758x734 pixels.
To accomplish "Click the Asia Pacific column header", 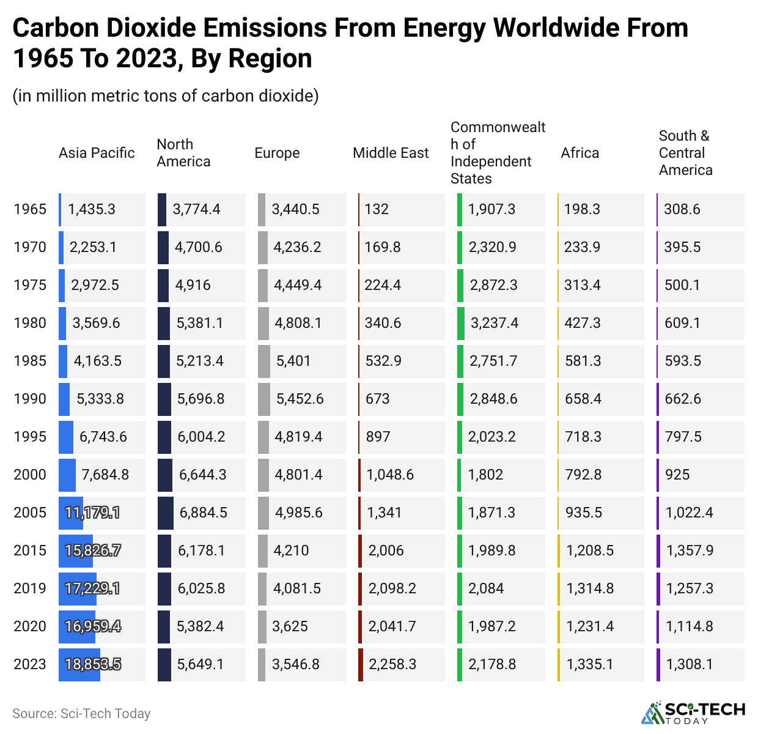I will (97, 153).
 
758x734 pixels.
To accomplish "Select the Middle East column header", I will (391, 153).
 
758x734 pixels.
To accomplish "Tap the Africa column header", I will (580, 153).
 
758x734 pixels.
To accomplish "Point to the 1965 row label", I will (30, 209).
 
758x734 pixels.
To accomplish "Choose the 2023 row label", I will (30, 664).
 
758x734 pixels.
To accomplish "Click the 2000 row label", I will (30, 475).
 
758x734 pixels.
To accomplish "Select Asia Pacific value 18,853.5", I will (93, 664).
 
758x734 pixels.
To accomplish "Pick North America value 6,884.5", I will (203, 513).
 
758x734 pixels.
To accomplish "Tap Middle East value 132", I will (377, 209).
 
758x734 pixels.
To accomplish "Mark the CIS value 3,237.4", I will (494, 323).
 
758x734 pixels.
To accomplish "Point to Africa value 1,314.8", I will (590, 588).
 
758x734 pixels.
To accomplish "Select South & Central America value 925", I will (677, 475).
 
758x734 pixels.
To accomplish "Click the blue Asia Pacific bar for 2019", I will (77, 588).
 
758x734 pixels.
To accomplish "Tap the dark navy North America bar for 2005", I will (165, 513).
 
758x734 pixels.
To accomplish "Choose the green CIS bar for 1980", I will (460, 323).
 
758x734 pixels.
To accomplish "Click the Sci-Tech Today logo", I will (693, 713).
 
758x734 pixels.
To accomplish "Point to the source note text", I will (81, 714).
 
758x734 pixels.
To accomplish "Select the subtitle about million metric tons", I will (166, 96).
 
